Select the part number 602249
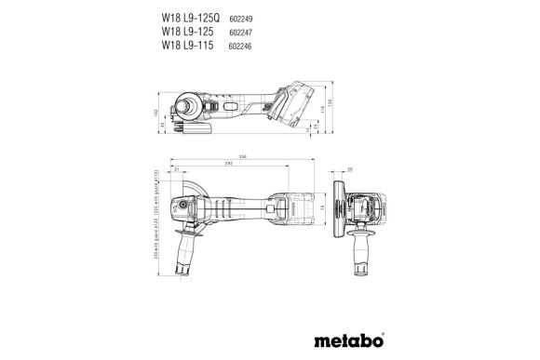pyautogui.click(x=242, y=16)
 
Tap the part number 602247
pyautogui.click(x=242, y=30)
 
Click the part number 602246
pyautogui.click(x=242, y=44)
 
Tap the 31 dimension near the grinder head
pyautogui.click(x=175, y=171)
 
